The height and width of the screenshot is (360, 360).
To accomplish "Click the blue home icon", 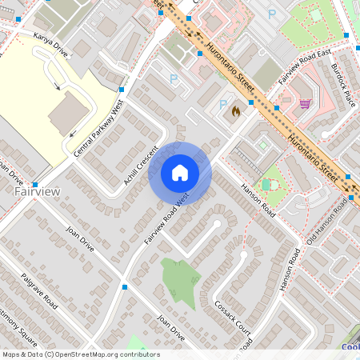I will (180, 172).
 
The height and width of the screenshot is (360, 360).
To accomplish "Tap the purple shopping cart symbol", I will (305, 103).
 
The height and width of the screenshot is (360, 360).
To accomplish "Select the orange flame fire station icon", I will (235, 112).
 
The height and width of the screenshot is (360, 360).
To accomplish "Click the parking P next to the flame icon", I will (223, 105).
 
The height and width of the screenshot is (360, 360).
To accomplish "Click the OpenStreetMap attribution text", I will (80, 354).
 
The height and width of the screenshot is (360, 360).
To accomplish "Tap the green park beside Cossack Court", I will (181, 280).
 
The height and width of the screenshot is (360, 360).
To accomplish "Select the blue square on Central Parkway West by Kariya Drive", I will (122, 90).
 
